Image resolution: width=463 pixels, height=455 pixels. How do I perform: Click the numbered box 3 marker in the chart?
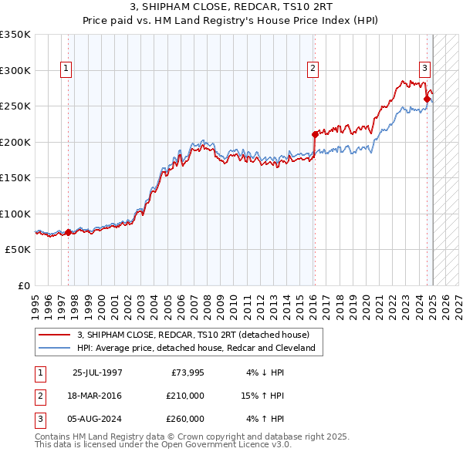[x=424, y=68]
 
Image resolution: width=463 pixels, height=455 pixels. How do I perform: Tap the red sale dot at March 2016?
[x=315, y=134]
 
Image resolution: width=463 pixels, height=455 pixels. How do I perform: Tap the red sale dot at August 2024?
[x=427, y=98]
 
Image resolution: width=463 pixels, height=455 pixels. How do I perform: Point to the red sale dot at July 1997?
[x=68, y=232]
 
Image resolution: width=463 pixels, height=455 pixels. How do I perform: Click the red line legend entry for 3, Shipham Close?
[x=193, y=335]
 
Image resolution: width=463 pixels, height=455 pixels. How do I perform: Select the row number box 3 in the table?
[x=39, y=419]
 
